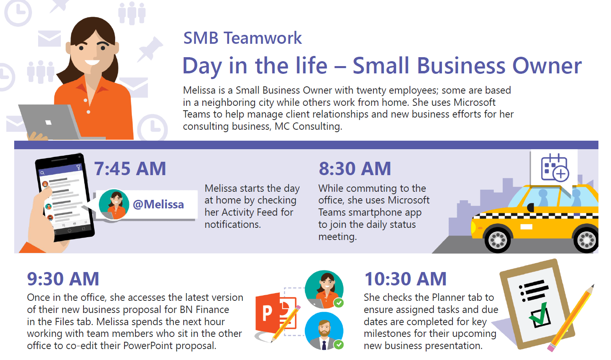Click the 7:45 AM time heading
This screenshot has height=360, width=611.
point(130,169)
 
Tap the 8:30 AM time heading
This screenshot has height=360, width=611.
point(355,169)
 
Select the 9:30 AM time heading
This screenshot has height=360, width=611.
point(63,279)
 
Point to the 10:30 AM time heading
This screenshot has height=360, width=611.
point(405,279)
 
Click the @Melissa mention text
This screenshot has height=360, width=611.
point(158,204)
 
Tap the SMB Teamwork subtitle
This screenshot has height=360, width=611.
point(242,38)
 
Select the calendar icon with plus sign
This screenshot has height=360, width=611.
point(555,167)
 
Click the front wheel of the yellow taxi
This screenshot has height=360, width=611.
point(498,240)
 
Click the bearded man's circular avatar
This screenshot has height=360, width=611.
point(324,330)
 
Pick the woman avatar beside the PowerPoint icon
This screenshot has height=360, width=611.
point(324,288)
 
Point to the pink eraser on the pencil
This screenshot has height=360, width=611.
point(551,347)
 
